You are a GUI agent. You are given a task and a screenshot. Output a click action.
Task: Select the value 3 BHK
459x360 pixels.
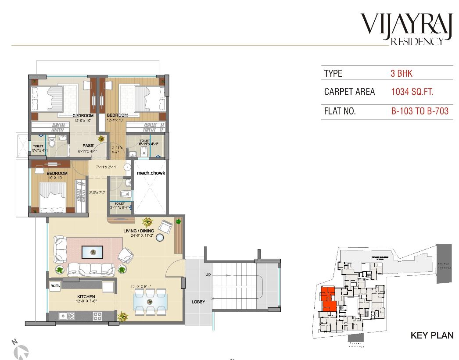[x=401, y=73]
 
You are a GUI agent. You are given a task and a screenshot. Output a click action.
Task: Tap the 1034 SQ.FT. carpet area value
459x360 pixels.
[x=412, y=92]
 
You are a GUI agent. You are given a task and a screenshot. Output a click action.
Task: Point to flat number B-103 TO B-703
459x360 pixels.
[x=420, y=111]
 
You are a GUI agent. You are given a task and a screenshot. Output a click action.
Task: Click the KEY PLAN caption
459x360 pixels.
[x=431, y=336]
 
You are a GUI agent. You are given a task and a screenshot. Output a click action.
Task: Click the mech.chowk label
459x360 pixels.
[x=151, y=173]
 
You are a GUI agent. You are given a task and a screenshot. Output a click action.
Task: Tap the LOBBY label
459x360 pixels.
[x=198, y=302]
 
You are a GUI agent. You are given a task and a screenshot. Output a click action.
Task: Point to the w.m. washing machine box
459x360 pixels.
[x=55, y=285]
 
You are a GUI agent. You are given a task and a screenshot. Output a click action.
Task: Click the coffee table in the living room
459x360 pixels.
[x=92, y=252]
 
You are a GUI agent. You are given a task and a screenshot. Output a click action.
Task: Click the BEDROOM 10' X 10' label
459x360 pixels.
[x=57, y=175]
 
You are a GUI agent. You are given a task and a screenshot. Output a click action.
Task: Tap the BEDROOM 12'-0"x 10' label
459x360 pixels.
[x=83, y=118]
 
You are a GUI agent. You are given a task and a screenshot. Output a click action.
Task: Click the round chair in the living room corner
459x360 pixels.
[x=166, y=226]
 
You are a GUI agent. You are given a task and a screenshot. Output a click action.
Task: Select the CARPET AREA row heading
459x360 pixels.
[x=349, y=92]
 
